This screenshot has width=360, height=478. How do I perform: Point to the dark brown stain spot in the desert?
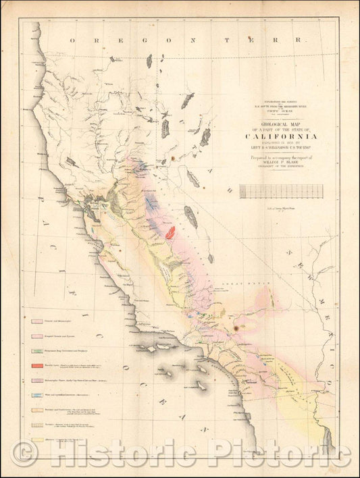tap(235, 329)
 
